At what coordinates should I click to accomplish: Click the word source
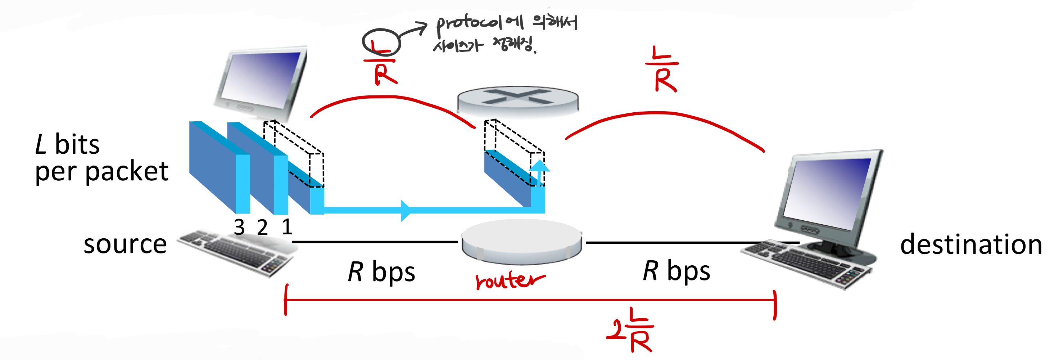click(x=125, y=244)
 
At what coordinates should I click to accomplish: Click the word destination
click(x=971, y=244)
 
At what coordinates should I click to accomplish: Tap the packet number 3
click(x=239, y=227)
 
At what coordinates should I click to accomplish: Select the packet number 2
click(x=262, y=228)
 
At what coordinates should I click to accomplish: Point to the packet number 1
click(x=287, y=227)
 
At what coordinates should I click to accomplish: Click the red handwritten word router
click(x=509, y=280)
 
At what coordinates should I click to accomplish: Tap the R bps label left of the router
click(x=381, y=272)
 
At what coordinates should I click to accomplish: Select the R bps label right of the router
click(x=677, y=271)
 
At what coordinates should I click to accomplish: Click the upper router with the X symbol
click(x=518, y=99)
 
